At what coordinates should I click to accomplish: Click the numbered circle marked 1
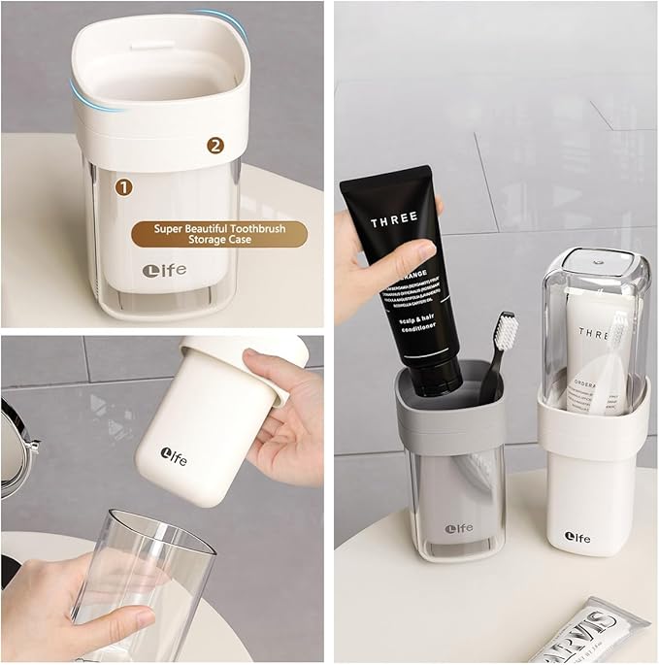[x=123, y=184]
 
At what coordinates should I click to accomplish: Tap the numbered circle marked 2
[x=215, y=146]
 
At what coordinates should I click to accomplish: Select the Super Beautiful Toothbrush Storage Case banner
[x=218, y=234]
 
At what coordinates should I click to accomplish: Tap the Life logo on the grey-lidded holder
[x=458, y=528]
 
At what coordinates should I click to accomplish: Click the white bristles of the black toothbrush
[x=506, y=330]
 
